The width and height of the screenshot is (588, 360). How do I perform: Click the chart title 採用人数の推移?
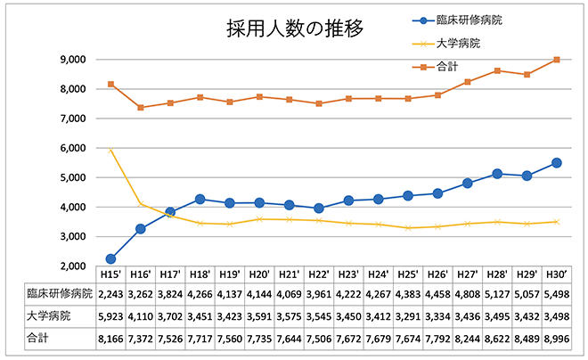coord(295,29)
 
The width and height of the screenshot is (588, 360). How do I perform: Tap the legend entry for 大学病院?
coord(460,43)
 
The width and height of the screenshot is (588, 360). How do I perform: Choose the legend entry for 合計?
coord(450,65)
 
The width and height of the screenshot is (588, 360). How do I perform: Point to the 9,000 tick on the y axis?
coord(73,60)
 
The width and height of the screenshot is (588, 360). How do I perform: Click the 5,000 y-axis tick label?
coord(73,177)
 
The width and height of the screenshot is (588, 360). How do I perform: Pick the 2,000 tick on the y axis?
coord(73,266)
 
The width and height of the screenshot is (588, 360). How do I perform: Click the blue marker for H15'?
coord(110,258)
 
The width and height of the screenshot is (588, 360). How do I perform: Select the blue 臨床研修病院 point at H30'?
coord(556,163)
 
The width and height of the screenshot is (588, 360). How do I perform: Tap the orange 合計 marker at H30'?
coord(556,60)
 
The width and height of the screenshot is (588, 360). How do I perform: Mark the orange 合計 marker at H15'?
coord(110,84)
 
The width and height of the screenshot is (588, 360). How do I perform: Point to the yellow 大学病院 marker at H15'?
coord(110,151)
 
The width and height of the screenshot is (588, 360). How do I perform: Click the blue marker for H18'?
coord(200,200)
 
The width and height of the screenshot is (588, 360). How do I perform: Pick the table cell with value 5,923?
coord(110,316)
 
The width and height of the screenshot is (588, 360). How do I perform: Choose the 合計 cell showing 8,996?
coord(556,338)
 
